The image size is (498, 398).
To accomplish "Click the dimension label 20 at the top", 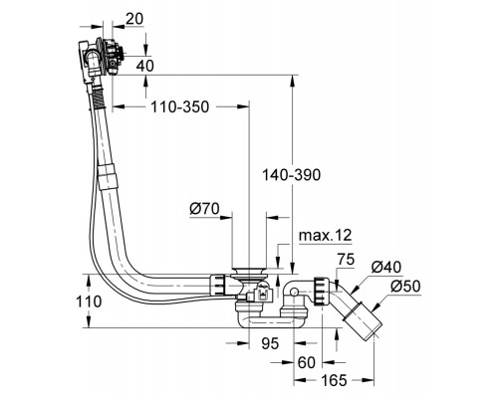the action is tap(134, 19).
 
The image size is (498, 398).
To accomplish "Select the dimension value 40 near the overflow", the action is tap(145, 66).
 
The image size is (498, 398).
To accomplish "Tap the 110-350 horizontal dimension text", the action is tap(180, 106).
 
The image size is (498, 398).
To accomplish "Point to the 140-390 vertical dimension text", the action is tap(291, 175).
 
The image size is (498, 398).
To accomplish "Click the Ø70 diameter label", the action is tap(204, 209).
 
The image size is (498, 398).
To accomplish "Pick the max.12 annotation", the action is tap(325, 236).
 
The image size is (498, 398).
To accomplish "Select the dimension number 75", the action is tap(346, 260).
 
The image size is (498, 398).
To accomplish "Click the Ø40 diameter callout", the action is tap(386, 267).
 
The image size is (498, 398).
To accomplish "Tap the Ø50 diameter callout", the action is tap(405, 287).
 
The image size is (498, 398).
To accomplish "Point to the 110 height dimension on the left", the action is tap(89, 301).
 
